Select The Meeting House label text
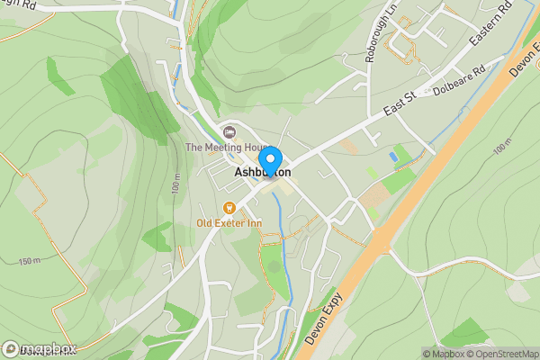click(x=227, y=148)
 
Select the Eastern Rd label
click(x=490, y=23)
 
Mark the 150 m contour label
click(x=29, y=260)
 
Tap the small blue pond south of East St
click(x=394, y=157)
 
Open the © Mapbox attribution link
click(x=443, y=354)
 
